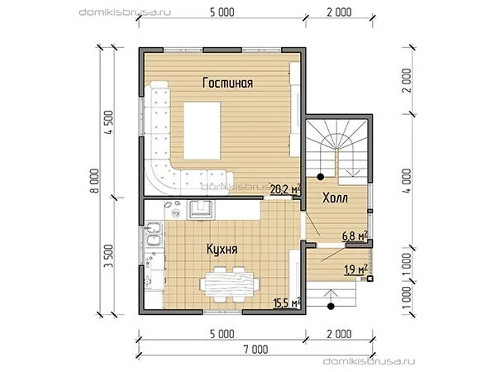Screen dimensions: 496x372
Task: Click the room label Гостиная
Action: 227,83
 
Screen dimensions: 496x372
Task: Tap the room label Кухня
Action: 222,249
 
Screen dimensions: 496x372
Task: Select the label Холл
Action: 335,198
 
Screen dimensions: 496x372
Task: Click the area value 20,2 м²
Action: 285,189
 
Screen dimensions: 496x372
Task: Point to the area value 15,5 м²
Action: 287,303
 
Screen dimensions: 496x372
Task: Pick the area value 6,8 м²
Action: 355,236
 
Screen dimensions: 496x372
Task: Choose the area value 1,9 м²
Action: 355,269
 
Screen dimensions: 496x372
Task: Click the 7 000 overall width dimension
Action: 255,350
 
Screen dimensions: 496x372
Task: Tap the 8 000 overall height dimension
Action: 96,180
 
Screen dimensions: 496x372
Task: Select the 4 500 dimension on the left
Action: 109,122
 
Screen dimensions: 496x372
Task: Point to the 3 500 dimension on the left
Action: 109,256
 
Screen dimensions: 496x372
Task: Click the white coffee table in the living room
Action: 202,131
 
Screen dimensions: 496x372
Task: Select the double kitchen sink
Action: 155,234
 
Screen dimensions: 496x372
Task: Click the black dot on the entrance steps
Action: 331,306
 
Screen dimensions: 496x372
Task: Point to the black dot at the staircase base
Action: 321,177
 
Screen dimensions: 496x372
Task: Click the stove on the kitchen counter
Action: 201,210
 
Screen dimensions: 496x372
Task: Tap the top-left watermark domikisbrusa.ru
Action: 125,12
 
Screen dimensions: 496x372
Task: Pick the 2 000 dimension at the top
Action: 339,12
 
